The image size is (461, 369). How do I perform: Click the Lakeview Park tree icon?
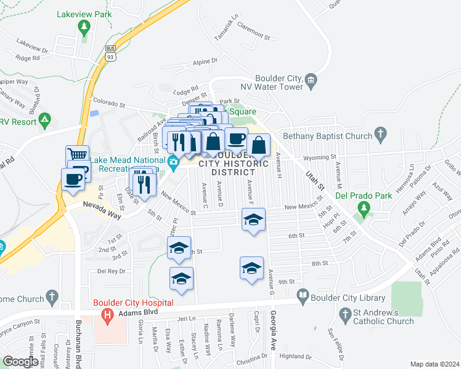(84, 26)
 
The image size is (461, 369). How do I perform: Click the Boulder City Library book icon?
(303, 297)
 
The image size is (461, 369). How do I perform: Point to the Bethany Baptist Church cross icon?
(381, 133)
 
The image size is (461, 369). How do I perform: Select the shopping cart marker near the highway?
(78, 156)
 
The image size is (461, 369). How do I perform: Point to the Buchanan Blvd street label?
(79, 349)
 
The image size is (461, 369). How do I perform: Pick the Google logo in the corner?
(20, 362)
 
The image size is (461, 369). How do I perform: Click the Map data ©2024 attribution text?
(435, 364)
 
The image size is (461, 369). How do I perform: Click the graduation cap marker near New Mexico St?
(252, 220)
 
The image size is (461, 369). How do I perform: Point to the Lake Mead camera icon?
(174, 162)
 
